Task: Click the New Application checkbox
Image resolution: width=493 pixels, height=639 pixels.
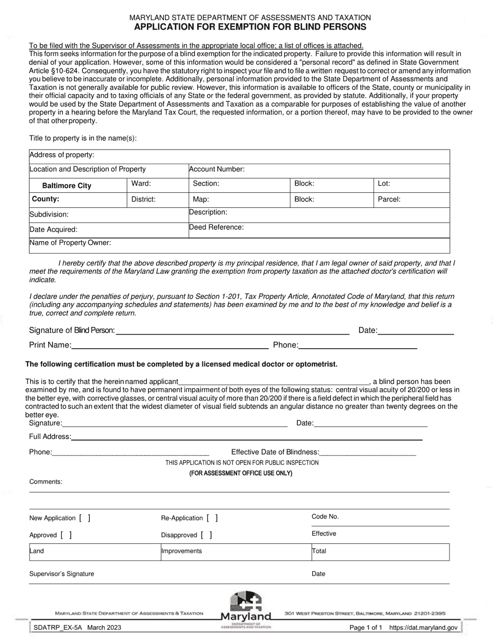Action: click(x=85, y=518)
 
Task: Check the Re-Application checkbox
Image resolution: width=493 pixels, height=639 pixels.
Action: click(x=212, y=518)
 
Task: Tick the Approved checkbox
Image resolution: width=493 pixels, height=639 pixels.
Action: click(x=66, y=535)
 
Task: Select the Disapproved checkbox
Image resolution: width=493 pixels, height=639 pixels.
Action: click(x=207, y=535)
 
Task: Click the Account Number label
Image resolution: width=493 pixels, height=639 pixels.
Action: click(x=217, y=169)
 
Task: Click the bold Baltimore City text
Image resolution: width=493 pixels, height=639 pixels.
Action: click(x=66, y=185)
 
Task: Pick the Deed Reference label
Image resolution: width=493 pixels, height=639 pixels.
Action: click(x=216, y=227)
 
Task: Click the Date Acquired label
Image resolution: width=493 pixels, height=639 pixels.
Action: click(x=53, y=229)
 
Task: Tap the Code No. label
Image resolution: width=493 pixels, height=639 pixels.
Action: click(x=325, y=516)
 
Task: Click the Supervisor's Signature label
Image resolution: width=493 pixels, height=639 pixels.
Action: click(x=62, y=574)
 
